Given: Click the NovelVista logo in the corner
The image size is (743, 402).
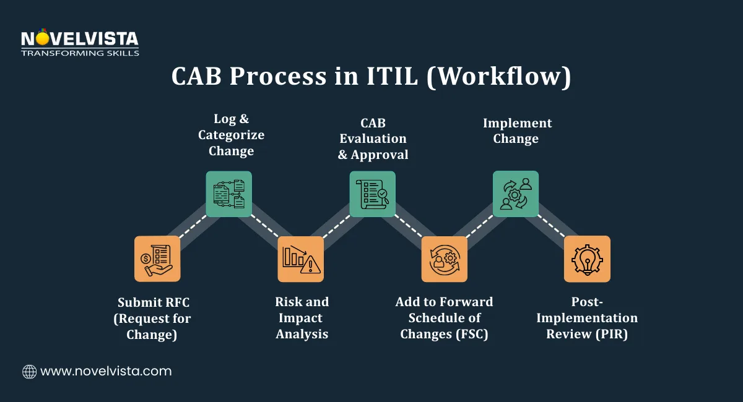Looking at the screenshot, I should click(80, 42).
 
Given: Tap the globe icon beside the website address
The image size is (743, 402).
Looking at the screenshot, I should click(29, 371).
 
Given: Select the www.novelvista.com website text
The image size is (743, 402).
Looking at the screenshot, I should click(106, 371).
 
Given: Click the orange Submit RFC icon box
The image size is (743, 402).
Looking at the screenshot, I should click(157, 259).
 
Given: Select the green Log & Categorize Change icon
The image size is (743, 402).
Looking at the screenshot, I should click(228, 194).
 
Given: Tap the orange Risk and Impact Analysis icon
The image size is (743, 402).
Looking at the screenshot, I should click(300, 259).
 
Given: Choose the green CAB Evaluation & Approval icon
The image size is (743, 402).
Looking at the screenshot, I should click(372, 194).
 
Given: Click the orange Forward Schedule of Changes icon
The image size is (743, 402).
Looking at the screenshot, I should click(444, 259).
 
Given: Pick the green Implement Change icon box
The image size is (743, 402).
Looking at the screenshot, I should click(515, 194).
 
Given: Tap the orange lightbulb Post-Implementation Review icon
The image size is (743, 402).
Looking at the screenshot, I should click(587, 259).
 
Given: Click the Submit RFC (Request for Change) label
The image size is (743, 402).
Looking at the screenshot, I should click(154, 319).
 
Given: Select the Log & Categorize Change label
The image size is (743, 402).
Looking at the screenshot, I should click(231, 135).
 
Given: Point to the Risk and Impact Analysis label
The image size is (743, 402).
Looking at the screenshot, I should click(302, 318).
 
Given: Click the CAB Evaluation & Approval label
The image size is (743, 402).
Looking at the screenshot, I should click(373, 139).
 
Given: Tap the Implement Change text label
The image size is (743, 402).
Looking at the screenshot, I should click(516, 130).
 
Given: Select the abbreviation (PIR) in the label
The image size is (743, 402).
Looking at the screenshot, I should click(615, 334).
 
